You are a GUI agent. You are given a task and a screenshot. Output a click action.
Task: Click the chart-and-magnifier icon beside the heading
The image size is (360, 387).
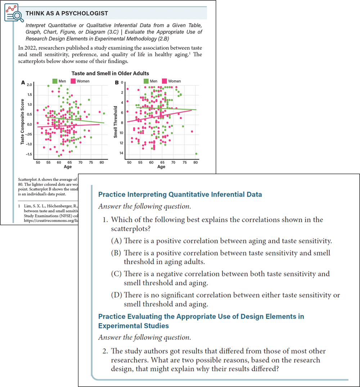tap(14, 13)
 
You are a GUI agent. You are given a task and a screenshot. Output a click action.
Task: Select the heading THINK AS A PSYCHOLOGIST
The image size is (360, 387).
tap(67, 13)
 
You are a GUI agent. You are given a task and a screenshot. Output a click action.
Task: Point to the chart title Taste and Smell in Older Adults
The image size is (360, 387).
tap(110, 73)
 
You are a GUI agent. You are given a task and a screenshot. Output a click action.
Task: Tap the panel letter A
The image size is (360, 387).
tap(23, 83)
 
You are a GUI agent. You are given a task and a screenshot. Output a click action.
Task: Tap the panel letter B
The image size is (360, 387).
tap(117, 83)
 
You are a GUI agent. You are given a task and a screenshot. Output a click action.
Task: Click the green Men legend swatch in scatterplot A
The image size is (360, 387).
tap(55, 81)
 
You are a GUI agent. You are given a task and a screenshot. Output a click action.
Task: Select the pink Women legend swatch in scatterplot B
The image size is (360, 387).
tap(165, 81)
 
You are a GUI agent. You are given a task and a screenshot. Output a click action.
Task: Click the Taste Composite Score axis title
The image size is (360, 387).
tap(23, 122)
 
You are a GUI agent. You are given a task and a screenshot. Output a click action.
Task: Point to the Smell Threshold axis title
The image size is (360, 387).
tap(116, 122)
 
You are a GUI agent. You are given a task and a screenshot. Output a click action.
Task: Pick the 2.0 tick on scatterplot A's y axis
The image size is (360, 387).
tap(30, 84)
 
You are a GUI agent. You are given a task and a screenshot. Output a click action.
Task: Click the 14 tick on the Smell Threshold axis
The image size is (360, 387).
tap(121, 154)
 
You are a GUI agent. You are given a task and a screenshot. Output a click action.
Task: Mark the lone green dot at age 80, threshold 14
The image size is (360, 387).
tap(196, 154)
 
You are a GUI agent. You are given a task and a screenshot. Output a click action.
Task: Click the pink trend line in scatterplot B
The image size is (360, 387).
tap(162, 116)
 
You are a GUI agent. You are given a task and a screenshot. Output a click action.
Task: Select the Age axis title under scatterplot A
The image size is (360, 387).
tap(68, 167)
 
